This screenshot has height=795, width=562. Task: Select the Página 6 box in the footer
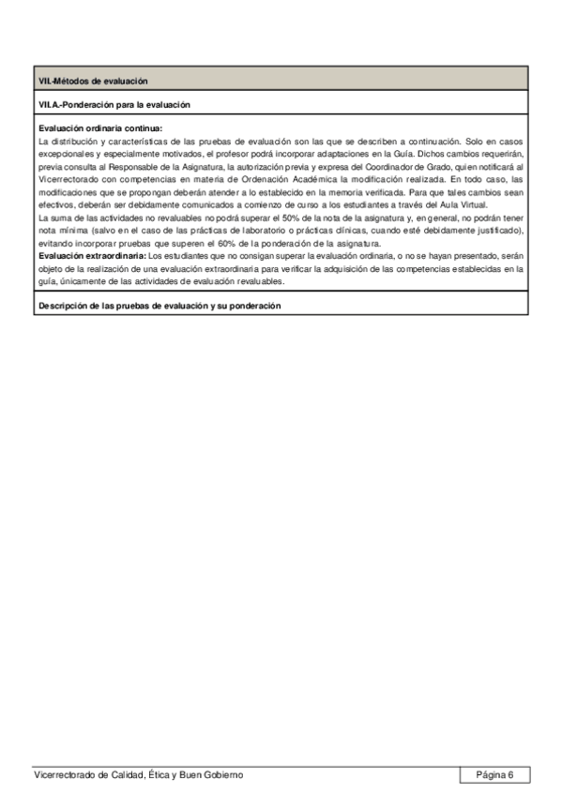[494, 774]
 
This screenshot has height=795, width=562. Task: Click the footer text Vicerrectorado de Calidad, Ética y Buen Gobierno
[138, 775]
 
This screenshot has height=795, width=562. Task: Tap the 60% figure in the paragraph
[261, 243]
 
